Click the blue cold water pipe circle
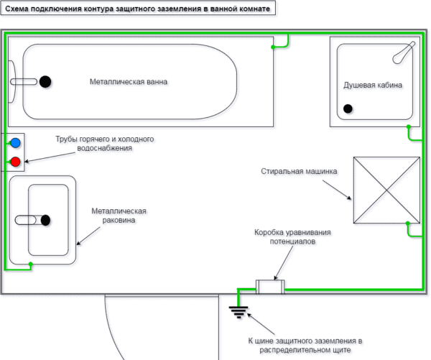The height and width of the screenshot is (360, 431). pos(15,143)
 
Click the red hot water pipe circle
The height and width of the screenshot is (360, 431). pos(15,162)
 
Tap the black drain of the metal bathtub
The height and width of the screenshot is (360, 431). pos(46,81)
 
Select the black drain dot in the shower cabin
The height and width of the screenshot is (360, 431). pos(348,109)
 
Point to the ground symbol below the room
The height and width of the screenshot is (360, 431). pos(238,310)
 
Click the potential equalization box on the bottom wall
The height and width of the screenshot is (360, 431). pos(270,287)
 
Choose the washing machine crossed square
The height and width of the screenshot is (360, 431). pos(386,190)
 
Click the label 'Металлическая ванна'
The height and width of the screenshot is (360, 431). pos(129,81)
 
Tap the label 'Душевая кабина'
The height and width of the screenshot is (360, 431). pos(373,86)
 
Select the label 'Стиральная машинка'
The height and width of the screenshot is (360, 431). pos(296,172)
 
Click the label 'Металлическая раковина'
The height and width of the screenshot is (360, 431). pos(119,216)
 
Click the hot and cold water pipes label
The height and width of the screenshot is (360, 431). pos(106,144)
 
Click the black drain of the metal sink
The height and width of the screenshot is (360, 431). pos(46,220)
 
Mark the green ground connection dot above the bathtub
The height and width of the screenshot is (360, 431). pos(273,47)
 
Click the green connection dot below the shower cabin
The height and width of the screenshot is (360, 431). pos(408,127)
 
